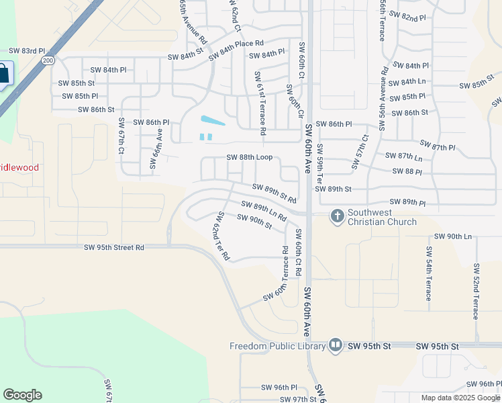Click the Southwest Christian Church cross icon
(337, 216)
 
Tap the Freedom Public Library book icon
(336, 346)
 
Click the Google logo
(22, 395)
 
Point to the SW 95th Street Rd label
(114, 247)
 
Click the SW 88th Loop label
(250, 157)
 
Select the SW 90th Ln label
(453, 236)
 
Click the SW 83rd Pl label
(26, 51)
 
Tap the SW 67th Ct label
(121, 136)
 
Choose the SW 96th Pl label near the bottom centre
(279, 388)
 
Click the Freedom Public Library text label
(278, 347)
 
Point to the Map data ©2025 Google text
(460, 398)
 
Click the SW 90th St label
(254, 222)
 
